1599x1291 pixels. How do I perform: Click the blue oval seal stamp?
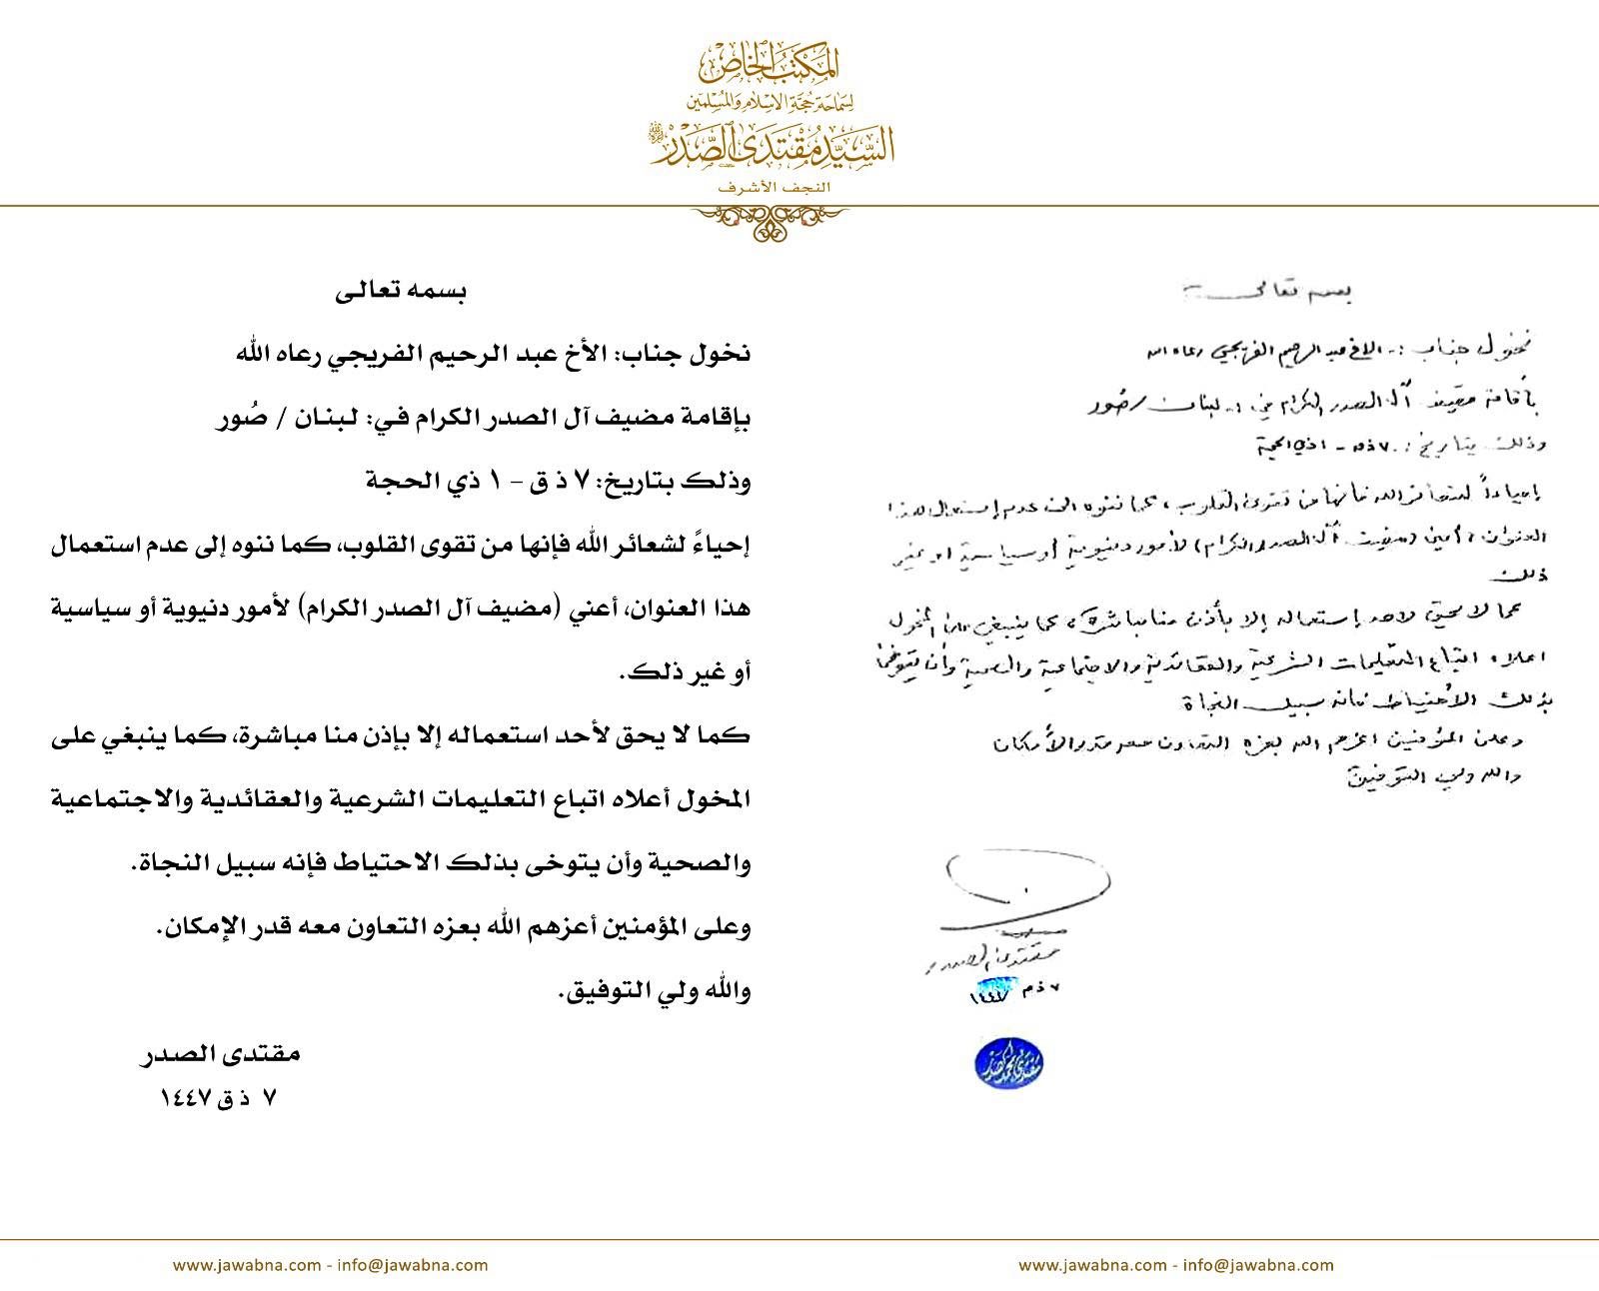(1008, 1062)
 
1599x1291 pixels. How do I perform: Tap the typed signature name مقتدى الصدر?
(219, 1054)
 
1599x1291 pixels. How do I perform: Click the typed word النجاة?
(171, 863)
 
